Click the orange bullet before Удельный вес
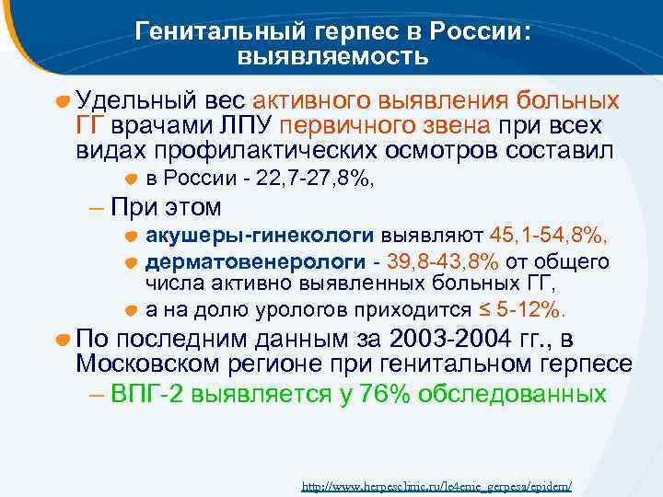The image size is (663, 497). tap(63, 100)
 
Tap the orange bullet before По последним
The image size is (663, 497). tap(63, 338)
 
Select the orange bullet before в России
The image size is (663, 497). tap(132, 179)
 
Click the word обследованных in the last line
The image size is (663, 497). tap(511, 394)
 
